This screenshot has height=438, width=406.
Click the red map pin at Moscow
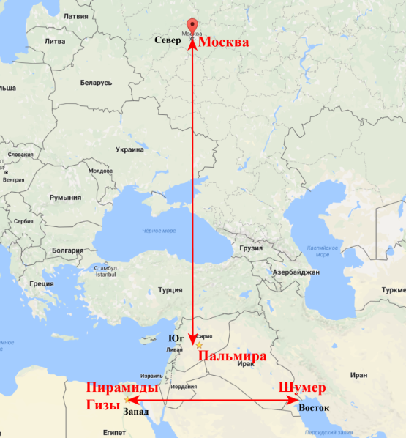(x=192, y=25)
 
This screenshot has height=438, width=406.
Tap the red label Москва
(x=224, y=42)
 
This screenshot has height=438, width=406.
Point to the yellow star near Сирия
(x=199, y=344)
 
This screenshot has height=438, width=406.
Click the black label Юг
(x=176, y=338)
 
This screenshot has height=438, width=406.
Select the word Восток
(x=315, y=407)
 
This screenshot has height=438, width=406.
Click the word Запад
(x=137, y=412)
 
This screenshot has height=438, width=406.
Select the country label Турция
(x=170, y=289)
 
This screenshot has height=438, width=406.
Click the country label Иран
(x=359, y=375)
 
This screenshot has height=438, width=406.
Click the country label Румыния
(x=65, y=198)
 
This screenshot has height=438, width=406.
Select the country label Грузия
(x=251, y=248)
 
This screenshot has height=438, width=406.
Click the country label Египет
(x=115, y=432)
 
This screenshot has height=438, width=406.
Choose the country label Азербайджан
(x=296, y=272)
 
